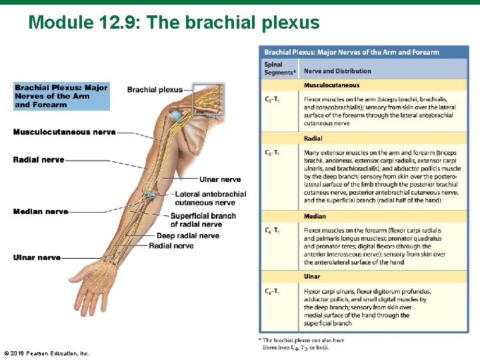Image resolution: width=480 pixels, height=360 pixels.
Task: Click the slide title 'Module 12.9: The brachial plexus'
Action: point(174,23)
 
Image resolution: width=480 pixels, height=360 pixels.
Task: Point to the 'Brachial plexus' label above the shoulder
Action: point(155,90)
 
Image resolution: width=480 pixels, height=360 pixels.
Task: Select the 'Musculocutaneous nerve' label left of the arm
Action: point(64,132)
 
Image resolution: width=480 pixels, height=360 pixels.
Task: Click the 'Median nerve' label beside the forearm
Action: point(41,212)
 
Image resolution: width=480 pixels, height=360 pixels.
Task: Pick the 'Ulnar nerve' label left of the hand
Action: point(37,257)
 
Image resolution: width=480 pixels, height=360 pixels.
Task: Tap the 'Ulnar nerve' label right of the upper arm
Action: point(220,179)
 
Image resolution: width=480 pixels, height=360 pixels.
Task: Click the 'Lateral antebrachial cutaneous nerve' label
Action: point(210,198)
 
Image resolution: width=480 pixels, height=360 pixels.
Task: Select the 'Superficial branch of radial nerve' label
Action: point(203,220)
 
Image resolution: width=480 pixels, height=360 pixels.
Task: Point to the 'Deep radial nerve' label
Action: point(187,236)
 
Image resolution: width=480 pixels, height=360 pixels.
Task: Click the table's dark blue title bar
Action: point(363,52)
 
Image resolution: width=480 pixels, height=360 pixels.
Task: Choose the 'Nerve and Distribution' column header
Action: point(337,71)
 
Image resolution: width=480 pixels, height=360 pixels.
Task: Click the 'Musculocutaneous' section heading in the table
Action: point(331,85)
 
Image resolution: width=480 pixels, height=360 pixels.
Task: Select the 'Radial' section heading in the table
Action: point(313,139)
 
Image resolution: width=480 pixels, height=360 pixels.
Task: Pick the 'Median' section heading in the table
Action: point(315,216)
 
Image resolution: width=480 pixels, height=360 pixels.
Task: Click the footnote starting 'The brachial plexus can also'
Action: point(304,343)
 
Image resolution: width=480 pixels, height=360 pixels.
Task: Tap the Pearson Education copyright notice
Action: point(47,352)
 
